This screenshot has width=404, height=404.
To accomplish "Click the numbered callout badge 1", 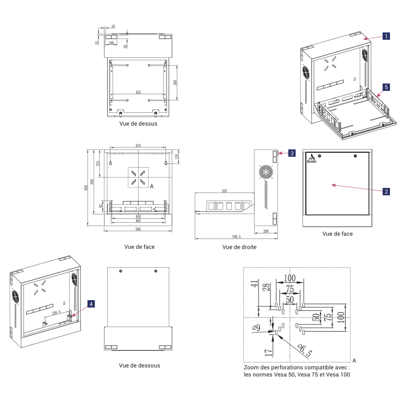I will pos(386,35).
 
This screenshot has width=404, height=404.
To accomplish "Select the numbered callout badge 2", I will pos(386,191).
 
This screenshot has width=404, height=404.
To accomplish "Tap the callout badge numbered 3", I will pos(292,153).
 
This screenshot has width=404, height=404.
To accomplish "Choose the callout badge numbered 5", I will pos(386,88).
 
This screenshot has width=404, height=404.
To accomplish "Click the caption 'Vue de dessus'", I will pos(138,123).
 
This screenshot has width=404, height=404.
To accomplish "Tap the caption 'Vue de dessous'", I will pos(139,365).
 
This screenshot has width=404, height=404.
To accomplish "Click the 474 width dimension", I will pos(138,146).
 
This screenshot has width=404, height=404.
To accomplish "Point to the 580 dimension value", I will pos(138,228).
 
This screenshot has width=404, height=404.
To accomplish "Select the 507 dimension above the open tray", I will pos(224,191).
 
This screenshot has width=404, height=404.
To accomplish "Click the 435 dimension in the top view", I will pos(138,91).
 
